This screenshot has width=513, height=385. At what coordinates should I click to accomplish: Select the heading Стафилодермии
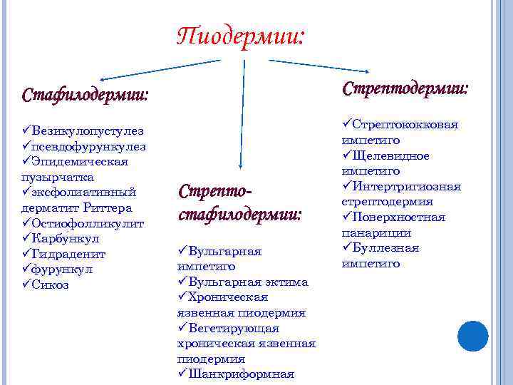coord(85,95)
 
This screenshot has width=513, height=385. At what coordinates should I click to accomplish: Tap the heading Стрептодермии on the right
coord(405,89)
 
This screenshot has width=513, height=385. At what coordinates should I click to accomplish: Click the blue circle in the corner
coord(472,335)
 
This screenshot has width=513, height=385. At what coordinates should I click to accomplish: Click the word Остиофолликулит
coord(88,224)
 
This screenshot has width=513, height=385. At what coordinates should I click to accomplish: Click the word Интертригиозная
coord(408,187)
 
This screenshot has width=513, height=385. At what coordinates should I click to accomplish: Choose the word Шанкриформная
coord(242,374)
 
